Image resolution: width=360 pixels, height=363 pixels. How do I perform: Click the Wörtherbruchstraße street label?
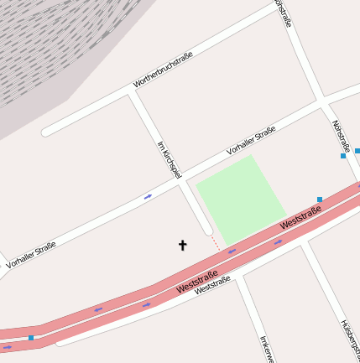(x=163, y=70)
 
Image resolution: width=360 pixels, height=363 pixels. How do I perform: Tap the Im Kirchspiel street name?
(x=169, y=158)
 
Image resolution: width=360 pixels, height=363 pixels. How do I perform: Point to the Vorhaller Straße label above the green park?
(x=251, y=141)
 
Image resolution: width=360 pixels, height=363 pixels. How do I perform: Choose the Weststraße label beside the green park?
(x=300, y=219)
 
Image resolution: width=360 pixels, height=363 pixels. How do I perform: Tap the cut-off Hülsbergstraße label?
(x=349, y=340)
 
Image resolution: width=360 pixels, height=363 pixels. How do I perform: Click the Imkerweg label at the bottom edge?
(x=267, y=348)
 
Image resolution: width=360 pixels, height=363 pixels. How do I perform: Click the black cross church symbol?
(x=182, y=245)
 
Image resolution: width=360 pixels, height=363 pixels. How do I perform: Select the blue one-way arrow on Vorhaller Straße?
(x=148, y=196)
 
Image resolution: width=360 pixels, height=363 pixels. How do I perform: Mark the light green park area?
(x=241, y=199)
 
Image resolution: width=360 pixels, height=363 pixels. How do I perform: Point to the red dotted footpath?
(x=216, y=242)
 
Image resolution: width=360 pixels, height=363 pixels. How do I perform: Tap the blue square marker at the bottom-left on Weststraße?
(x=31, y=338)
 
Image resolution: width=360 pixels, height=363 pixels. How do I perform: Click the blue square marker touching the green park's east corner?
(x=320, y=200)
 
